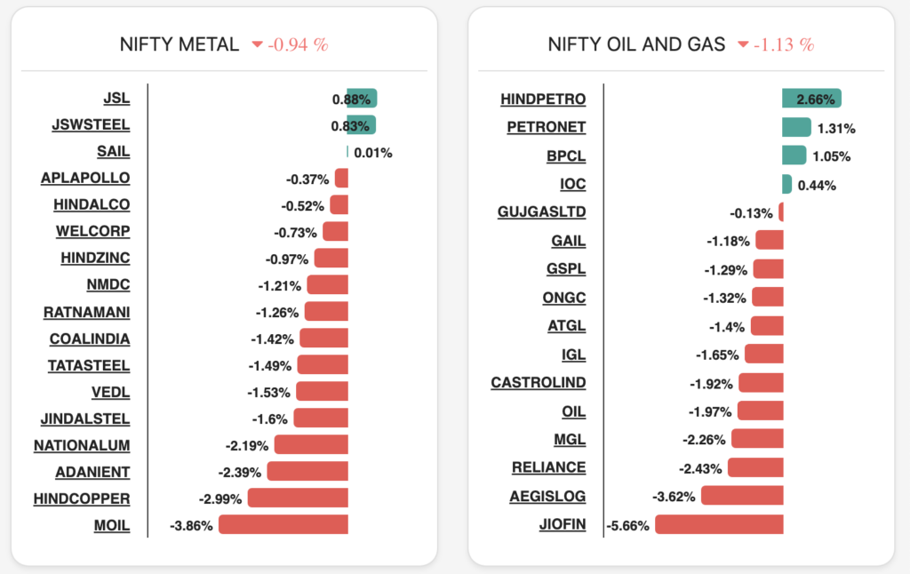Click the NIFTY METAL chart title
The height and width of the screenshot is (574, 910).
click(180, 44)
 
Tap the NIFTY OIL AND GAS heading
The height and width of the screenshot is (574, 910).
click(636, 44)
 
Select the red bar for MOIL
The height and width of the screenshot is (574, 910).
click(283, 525)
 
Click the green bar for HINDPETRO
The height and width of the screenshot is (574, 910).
click(811, 99)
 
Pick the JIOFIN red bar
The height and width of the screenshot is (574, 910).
click(719, 525)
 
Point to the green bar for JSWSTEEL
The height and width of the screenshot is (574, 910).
click(361, 125)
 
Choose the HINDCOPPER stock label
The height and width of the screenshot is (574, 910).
click(82, 498)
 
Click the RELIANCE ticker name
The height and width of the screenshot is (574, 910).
click(548, 467)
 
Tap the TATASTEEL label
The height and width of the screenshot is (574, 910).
click(89, 365)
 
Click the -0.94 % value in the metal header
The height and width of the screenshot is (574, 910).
click(299, 44)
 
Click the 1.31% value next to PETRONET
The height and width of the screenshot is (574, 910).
click(836, 128)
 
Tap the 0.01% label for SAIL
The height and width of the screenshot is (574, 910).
click(373, 153)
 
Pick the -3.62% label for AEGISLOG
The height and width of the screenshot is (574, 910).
click(674, 497)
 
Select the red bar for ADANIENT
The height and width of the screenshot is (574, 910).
click(307, 472)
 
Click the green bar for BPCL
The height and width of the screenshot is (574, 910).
click(794, 155)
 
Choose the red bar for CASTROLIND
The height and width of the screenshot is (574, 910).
click(761, 383)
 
